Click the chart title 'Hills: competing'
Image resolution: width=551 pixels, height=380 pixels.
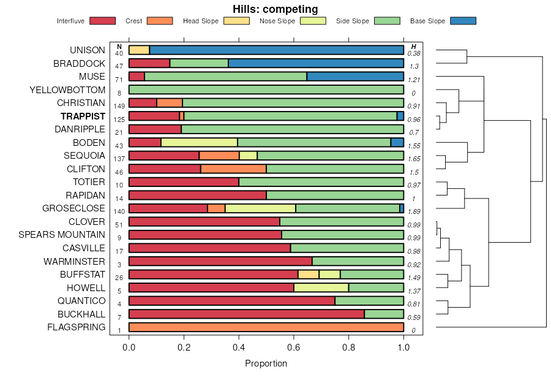(275, 9)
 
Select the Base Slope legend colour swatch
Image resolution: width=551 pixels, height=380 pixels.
(463, 21)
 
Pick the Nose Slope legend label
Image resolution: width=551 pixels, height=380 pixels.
(277, 21)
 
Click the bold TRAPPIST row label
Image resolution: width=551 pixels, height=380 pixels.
(83, 116)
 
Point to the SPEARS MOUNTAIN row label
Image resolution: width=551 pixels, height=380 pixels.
(62, 235)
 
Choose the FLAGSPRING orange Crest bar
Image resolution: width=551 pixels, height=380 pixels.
(266, 327)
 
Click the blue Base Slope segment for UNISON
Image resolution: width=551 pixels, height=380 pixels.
(276, 50)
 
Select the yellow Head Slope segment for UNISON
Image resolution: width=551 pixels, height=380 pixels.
(139, 50)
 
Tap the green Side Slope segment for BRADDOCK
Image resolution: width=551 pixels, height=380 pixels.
(199, 63)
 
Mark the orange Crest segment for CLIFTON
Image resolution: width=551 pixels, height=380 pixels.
(233, 169)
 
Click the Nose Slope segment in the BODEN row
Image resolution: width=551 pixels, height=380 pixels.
(199, 142)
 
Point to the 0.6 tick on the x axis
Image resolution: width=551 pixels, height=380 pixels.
(294, 348)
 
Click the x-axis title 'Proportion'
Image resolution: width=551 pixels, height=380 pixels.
(266, 363)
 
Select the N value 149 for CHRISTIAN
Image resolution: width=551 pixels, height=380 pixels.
(119, 106)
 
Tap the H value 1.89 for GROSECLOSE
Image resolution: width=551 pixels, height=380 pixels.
(414, 211)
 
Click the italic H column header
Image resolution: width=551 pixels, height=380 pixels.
(414, 47)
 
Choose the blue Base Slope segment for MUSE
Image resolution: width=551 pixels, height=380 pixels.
(355, 76)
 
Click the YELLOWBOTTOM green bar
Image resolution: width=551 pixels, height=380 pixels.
(266, 89)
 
